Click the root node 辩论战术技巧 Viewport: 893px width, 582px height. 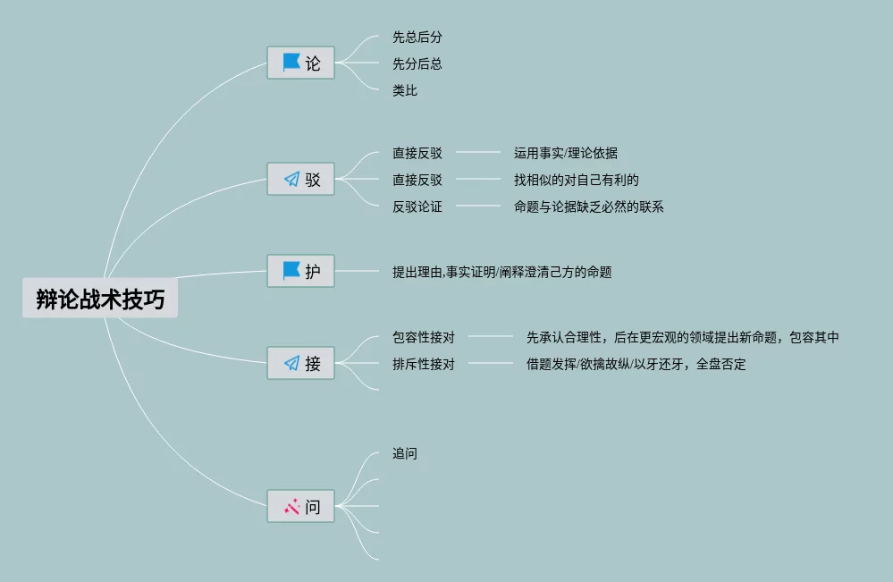click(x=100, y=299)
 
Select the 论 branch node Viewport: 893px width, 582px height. click(x=301, y=63)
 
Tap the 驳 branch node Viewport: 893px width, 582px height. click(x=301, y=180)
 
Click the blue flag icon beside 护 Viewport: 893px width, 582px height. click(x=291, y=271)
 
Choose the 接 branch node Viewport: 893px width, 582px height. click(x=301, y=363)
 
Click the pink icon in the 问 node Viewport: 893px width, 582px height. click(x=291, y=507)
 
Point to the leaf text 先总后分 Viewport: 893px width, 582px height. click(x=417, y=38)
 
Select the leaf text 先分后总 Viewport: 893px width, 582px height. click(x=417, y=64)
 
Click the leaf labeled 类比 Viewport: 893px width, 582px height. click(x=405, y=90)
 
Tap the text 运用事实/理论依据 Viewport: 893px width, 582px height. click(x=565, y=153)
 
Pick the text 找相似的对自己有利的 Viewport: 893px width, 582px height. click(x=576, y=180)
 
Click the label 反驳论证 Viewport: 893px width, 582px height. click(x=417, y=207)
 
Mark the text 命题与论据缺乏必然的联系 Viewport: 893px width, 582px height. click(x=588, y=207)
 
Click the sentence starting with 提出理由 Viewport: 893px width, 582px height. click(x=501, y=272)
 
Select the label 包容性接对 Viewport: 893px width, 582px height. click(x=423, y=337)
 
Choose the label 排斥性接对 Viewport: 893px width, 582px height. click(x=423, y=364)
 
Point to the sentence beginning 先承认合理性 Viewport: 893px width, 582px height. click(x=682, y=337)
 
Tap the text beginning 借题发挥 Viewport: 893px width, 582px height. click(x=636, y=364)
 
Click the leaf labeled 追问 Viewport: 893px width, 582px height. click(x=405, y=453)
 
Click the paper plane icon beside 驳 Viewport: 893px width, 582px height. click(x=291, y=180)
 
